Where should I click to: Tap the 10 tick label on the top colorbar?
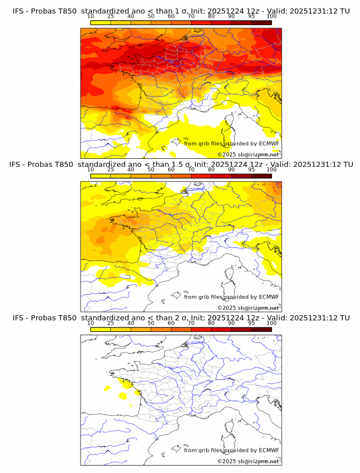tap(90, 16)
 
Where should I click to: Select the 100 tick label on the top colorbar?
tap(271, 16)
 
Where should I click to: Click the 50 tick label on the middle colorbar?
tap(151, 169)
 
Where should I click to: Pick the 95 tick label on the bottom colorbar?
tap(251, 323)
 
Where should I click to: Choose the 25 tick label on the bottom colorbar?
tap(110, 323)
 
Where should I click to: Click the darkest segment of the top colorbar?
tap(261, 22)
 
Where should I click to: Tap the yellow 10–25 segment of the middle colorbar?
tap(101, 176)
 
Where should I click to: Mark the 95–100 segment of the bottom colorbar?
tap(261, 329)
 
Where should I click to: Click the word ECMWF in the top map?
tap(269, 143)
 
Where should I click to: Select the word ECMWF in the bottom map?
tap(269, 450)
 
